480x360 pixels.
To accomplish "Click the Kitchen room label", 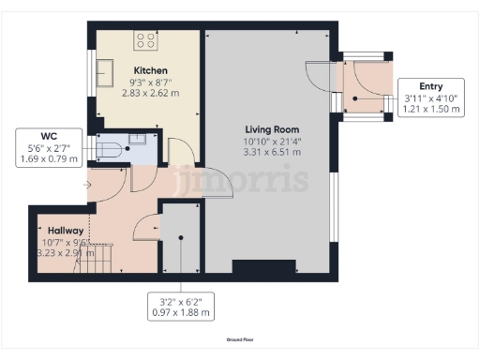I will (x=150, y=71).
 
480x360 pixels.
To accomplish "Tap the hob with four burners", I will (x=145, y=40).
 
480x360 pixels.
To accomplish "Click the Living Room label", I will (x=272, y=128).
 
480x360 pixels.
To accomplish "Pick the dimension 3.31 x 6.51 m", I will (x=272, y=152).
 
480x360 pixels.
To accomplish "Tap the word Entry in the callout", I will (x=431, y=86).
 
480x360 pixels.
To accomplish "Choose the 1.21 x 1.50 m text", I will (x=431, y=110).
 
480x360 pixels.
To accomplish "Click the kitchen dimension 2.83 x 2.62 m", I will (x=150, y=94).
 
